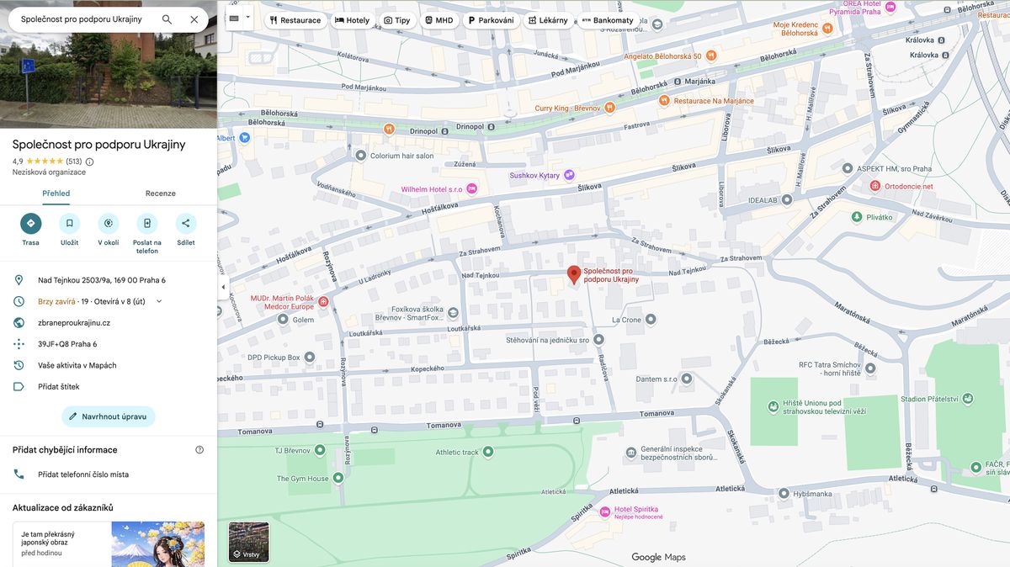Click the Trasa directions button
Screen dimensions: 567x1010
[31, 224]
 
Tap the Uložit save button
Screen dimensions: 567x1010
[70, 224]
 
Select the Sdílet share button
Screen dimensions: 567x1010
[186, 224]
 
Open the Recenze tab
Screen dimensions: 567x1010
[160, 193]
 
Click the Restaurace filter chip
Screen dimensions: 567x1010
[295, 20]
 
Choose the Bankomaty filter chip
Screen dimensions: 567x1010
[606, 20]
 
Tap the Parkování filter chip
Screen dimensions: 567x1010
[491, 20]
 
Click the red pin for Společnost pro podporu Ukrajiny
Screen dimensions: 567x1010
[574, 274]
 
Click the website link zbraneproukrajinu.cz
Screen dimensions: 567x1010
[74, 323]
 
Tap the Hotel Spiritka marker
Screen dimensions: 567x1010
[604, 511]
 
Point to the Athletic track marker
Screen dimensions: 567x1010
[487, 452]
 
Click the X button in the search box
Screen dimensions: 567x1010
[194, 19]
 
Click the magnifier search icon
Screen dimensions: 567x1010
[167, 19]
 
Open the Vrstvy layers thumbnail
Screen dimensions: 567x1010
[249, 541]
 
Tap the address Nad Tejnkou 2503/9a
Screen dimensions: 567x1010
[101, 280]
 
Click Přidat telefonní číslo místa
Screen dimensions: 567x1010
[83, 474]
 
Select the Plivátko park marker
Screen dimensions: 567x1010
[856, 217]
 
